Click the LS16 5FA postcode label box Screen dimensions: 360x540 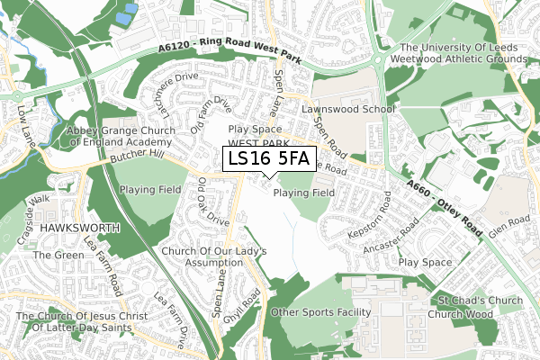click(x=268, y=159)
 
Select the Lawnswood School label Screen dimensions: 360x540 click(x=348, y=110)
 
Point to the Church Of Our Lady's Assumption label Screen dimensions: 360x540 click(x=202, y=256)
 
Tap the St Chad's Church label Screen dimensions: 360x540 click(x=480, y=300)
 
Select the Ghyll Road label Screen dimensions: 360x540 click(x=253, y=306)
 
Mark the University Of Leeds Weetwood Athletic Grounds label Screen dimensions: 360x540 click(x=463, y=53)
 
